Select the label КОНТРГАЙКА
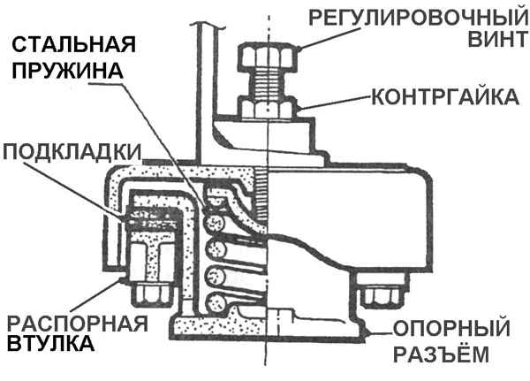coord(443,95)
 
